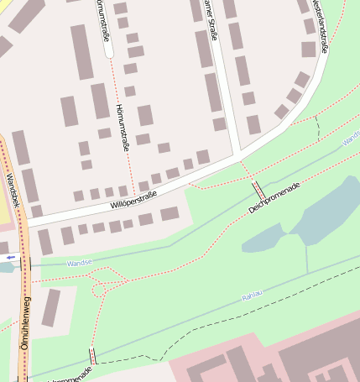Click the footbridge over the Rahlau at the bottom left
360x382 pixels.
click(91, 356)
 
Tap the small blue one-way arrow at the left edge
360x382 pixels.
click(10, 257)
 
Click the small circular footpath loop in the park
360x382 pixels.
click(100, 290)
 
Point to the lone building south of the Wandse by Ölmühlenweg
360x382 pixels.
click(51, 307)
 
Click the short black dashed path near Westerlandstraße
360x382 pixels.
click(317, 126)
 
